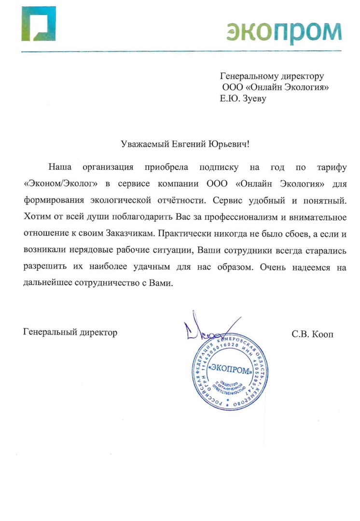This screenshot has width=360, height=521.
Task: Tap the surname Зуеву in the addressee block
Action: pyautogui.click(x=252, y=99)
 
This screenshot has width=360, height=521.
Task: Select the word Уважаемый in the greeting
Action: pyautogui.click(x=144, y=143)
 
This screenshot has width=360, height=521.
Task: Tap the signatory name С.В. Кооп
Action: pyautogui.click(x=312, y=333)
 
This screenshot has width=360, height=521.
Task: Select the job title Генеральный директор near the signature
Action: pyautogui.click(x=70, y=332)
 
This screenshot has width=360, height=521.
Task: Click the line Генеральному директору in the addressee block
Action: pyautogui.click(x=272, y=76)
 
